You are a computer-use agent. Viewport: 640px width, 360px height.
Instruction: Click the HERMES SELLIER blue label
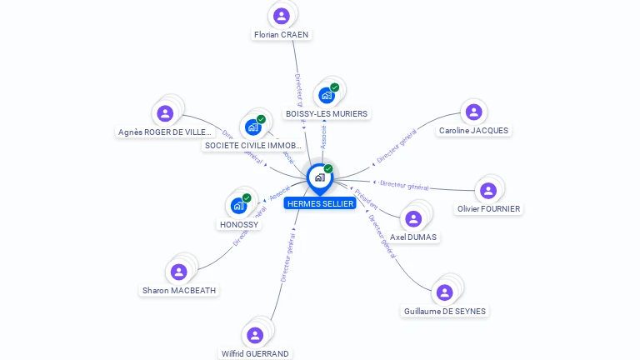click(320, 204)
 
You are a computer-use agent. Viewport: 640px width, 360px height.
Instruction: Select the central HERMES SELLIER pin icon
click(319, 177)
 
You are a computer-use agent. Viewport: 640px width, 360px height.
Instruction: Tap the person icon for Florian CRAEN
click(282, 16)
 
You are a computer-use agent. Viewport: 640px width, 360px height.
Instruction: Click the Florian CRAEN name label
click(282, 35)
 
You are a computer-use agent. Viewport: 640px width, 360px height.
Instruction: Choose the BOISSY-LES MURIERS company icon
click(327, 95)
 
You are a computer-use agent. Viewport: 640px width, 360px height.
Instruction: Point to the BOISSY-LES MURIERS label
click(326, 113)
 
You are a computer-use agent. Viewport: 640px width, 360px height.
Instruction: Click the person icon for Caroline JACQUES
click(473, 112)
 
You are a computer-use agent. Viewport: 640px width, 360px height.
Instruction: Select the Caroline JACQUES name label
click(473, 131)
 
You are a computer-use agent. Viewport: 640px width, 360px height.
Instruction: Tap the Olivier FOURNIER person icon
click(488, 190)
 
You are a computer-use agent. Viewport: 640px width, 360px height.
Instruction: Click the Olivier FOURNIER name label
click(488, 209)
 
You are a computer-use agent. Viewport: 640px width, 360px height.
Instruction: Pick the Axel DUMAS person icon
click(413, 219)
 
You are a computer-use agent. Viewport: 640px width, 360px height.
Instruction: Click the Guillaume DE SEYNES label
click(444, 312)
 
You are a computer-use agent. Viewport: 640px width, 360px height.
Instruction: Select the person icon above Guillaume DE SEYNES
click(444, 292)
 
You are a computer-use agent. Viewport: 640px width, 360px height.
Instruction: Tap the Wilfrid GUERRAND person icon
click(255, 335)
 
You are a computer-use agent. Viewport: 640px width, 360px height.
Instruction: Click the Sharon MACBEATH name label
click(178, 291)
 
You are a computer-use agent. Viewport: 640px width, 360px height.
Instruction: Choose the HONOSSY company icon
click(239, 205)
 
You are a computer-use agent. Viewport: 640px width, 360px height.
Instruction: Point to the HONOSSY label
click(239, 225)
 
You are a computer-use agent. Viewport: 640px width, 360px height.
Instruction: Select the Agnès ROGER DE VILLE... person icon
click(165, 113)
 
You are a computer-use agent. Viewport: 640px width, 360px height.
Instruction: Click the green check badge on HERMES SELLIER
click(328, 169)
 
